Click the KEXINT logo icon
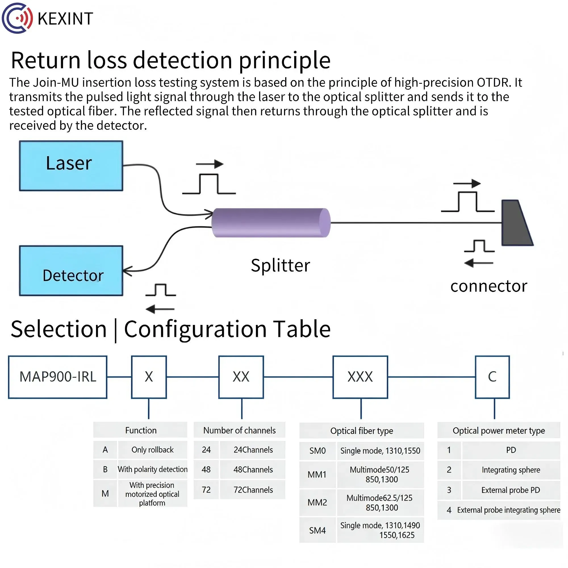point(17,18)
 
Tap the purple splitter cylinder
point(271,223)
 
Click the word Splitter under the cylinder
point(280,266)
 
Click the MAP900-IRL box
point(58,377)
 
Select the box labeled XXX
point(360,377)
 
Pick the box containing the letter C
point(492,377)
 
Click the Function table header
point(141,431)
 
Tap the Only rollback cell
point(152,450)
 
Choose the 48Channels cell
point(253,469)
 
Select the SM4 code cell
point(318,530)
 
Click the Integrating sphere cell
point(511,470)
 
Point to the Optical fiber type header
point(362,431)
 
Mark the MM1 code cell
point(317,475)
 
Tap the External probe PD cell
point(511,490)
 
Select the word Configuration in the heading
point(195,329)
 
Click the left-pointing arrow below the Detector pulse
point(160,309)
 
